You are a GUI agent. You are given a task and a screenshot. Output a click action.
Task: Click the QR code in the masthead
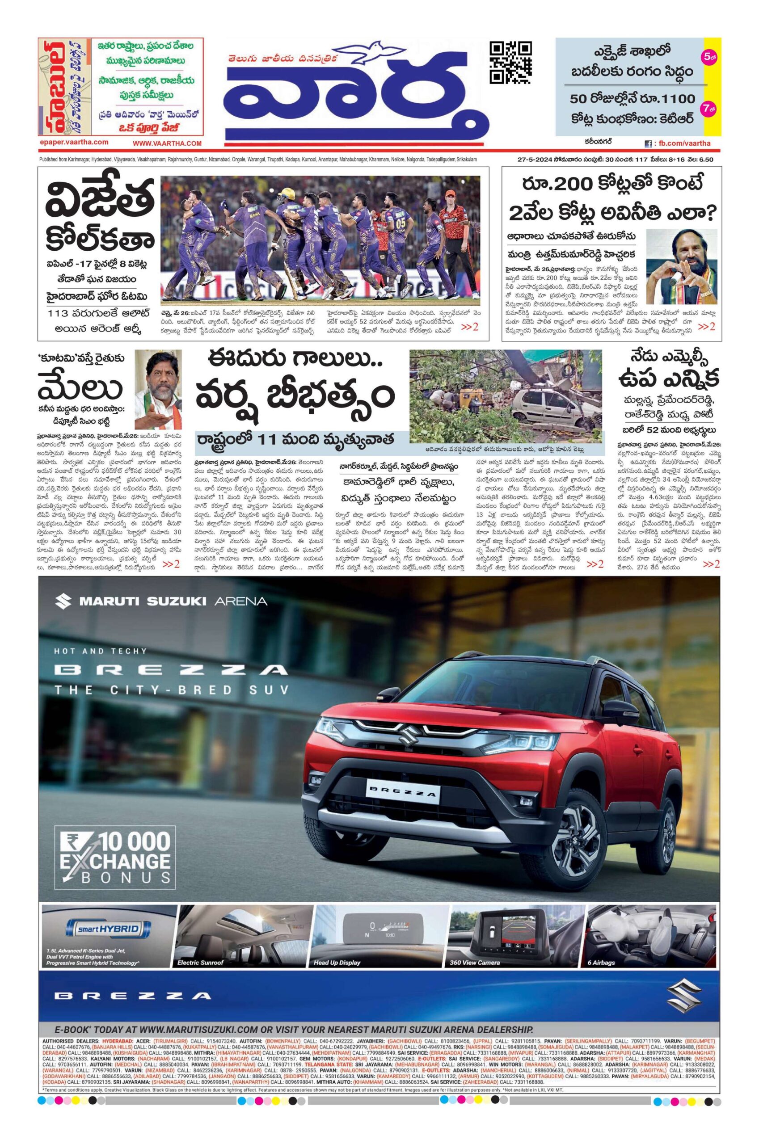(510, 63)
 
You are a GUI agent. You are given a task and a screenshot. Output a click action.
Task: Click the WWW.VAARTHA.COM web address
(167, 143)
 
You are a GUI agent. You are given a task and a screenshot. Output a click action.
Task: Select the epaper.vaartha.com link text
(74, 142)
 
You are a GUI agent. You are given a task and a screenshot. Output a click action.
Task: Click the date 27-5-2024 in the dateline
(535, 159)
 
